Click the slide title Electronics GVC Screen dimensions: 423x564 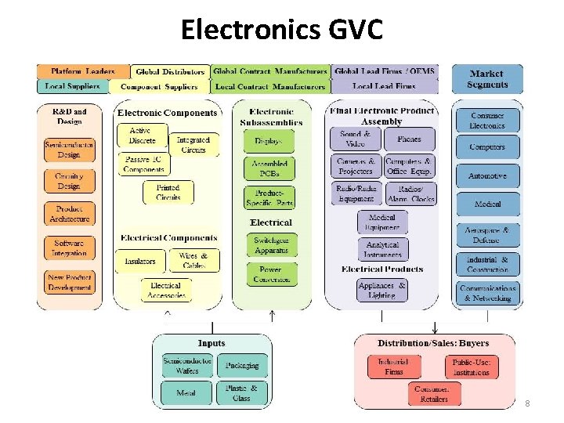(x=282, y=29)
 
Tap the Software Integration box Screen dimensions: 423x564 (x=69, y=248)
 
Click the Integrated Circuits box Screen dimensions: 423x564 (x=193, y=145)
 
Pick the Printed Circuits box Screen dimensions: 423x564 (x=168, y=193)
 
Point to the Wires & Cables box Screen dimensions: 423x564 (x=193, y=260)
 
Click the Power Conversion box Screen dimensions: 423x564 (x=272, y=274)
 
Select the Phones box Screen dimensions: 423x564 (x=409, y=139)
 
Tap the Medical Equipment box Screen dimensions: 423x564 (x=382, y=222)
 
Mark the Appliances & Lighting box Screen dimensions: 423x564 (x=382, y=291)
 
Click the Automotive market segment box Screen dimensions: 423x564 (x=487, y=176)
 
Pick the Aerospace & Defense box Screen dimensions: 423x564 (x=487, y=235)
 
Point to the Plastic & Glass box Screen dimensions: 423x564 (x=241, y=392)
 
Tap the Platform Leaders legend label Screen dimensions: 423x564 (x=82, y=71)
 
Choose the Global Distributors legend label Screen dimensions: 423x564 (x=169, y=72)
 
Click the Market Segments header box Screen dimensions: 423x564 (x=487, y=79)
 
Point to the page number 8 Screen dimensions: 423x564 (x=527, y=403)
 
